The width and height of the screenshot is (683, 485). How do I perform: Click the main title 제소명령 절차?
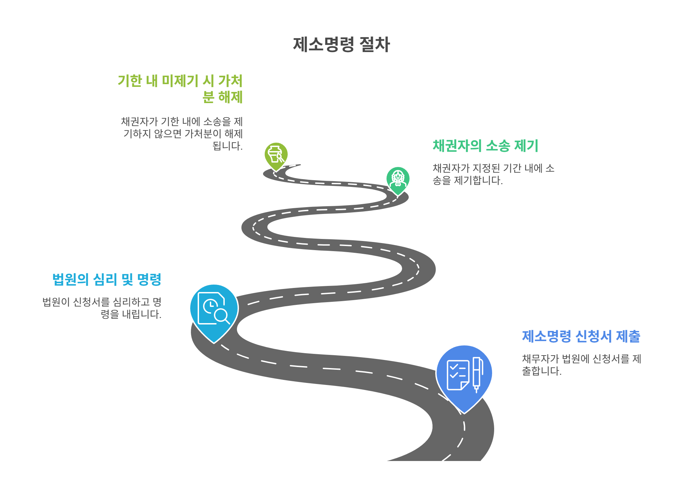341,45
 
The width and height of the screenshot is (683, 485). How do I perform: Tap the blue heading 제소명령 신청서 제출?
581,336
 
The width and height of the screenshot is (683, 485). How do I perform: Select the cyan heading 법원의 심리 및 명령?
107,280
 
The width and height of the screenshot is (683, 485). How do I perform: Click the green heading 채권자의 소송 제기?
485,146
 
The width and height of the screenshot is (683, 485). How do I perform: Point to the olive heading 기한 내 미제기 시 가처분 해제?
180,89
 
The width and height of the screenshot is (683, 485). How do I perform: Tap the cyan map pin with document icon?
214,311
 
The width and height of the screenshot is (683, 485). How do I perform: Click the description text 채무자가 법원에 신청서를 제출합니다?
581,365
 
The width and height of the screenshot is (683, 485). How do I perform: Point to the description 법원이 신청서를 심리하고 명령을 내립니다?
102,308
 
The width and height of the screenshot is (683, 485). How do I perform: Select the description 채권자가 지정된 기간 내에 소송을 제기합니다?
493,174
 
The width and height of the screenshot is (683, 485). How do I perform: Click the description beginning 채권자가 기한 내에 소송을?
182,134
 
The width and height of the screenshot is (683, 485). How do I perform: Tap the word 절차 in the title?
375,45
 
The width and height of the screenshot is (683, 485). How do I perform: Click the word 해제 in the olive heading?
230,97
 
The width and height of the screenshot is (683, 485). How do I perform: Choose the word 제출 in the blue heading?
628,336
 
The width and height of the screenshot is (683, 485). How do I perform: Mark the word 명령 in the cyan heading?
149,280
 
